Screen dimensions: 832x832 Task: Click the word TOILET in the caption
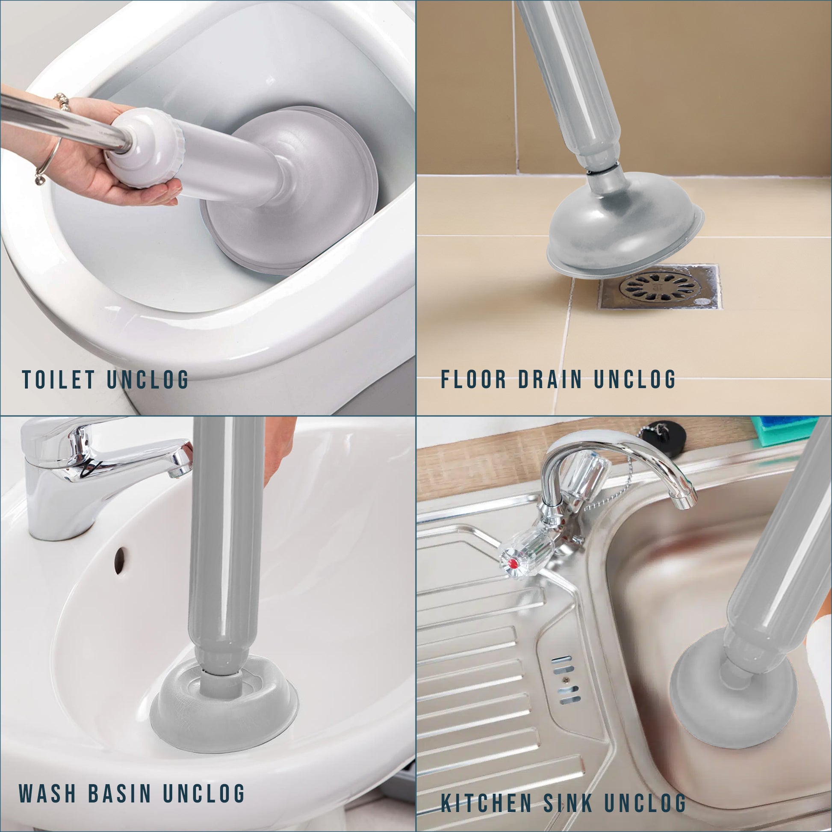coord(59,379)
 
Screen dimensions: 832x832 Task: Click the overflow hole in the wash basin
coord(120,560)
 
